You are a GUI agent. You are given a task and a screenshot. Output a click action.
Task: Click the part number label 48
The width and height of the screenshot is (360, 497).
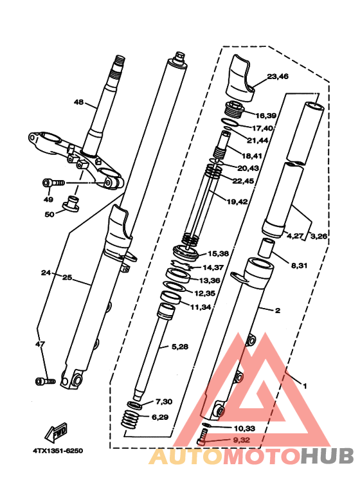[78, 102]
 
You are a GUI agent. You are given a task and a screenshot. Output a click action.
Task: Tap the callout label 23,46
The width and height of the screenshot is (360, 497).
[278, 77]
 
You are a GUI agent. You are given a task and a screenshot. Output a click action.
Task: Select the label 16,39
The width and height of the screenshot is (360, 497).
[265, 116]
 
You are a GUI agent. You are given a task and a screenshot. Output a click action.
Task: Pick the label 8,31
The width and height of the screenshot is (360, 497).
[300, 265]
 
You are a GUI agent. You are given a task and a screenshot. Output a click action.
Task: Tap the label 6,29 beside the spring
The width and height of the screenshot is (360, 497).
[162, 417]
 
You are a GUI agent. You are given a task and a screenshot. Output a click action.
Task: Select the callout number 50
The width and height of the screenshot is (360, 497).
[49, 214]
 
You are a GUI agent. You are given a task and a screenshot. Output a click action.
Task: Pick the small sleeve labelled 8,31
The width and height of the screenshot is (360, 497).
[267, 248]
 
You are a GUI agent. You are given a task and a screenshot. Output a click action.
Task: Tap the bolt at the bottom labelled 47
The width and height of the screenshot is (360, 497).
[42, 381]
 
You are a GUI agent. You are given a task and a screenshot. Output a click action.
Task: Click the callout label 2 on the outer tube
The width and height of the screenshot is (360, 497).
[277, 311]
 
